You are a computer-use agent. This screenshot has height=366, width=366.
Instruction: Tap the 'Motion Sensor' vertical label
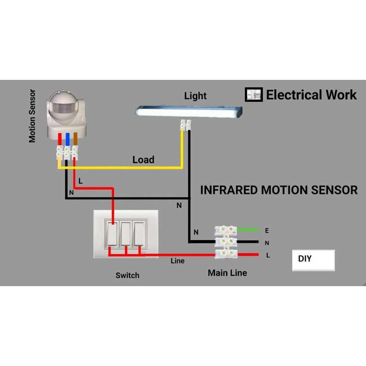point(32,116)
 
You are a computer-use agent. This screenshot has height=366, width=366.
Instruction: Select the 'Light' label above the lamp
point(195,96)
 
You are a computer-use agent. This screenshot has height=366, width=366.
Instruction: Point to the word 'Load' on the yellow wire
point(144,160)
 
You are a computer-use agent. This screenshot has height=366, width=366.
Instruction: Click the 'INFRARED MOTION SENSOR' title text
point(279,190)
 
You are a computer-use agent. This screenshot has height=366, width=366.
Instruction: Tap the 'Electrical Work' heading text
point(312,95)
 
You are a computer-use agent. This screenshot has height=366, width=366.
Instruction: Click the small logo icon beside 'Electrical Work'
point(254,94)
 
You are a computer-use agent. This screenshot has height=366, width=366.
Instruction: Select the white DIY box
point(313,260)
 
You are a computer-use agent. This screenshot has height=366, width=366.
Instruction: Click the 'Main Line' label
point(227,273)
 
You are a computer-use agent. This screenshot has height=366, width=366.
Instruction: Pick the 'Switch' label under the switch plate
point(127,276)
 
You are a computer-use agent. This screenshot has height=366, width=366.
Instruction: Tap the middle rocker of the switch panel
point(126,234)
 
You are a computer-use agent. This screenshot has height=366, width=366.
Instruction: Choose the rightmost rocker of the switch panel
point(140,234)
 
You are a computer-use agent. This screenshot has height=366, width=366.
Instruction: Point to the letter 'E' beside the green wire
point(267,230)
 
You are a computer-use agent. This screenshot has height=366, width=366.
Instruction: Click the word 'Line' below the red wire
point(178,261)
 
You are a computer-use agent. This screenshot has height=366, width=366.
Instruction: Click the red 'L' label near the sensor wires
point(80,181)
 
